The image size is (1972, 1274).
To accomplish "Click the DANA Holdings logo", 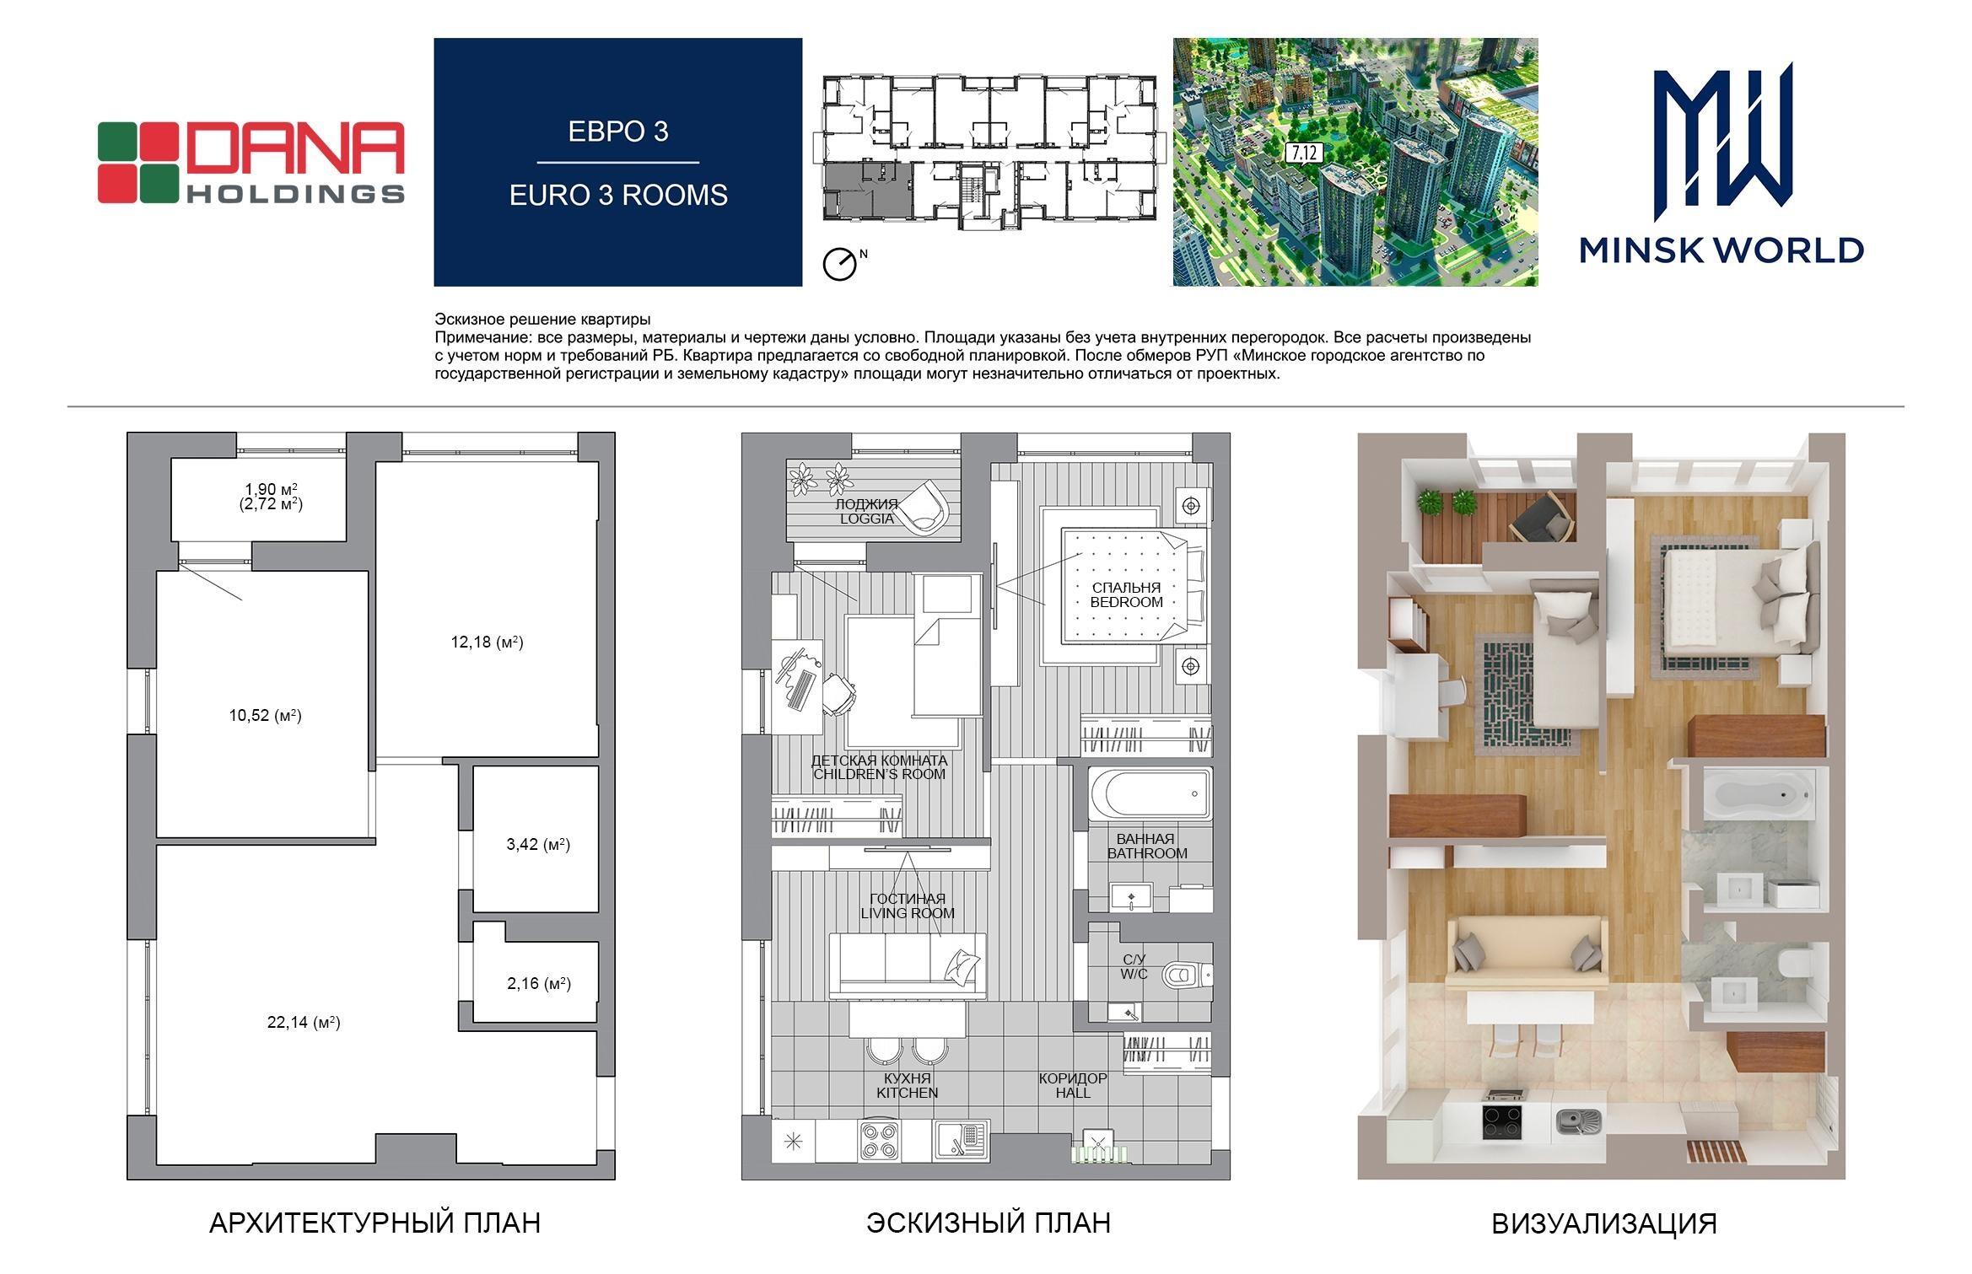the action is (251, 163).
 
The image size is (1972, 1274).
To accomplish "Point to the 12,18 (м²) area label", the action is (487, 642).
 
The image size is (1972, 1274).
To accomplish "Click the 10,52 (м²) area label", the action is (265, 716).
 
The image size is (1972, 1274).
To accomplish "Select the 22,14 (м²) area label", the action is (304, 1023).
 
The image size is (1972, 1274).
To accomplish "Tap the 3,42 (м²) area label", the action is (538, 844).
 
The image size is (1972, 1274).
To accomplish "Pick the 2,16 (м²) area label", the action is (539, 983).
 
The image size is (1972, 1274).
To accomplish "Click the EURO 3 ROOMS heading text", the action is (618, 195).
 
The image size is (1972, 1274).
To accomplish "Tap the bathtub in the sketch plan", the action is (1149, 793).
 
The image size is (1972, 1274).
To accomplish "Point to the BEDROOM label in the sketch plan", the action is (1126, 602).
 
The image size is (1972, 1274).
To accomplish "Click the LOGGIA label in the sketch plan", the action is (866, 519).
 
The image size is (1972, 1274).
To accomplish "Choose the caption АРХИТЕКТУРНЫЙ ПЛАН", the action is (374, 1223).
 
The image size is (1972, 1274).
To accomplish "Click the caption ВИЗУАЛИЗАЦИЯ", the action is (1604, 1223).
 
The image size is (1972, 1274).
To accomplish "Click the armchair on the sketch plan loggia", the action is (924, 506).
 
